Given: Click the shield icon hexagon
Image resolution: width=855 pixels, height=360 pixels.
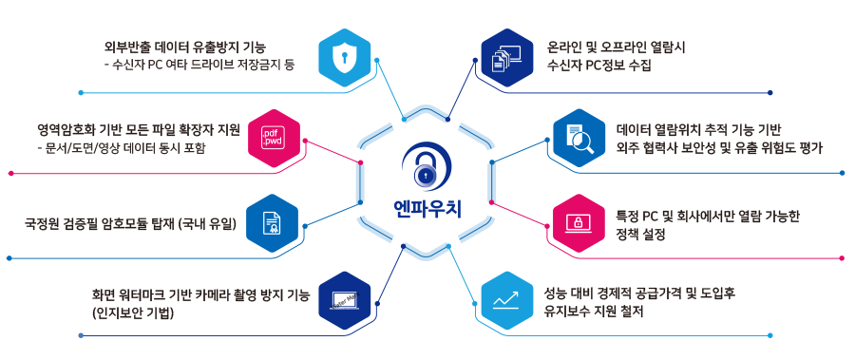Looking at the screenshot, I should [343, 56].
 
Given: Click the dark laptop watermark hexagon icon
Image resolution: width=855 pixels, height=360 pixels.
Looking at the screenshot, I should [343, 303].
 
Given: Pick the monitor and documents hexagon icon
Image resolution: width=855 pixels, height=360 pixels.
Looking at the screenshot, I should [505, 56].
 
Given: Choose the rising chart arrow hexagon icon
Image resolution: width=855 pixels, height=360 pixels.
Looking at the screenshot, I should [505, 302].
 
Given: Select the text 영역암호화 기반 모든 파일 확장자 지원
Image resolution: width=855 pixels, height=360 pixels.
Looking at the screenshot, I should [139, 129].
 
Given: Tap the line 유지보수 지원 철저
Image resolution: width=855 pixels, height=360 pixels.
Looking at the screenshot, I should [605, 310].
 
